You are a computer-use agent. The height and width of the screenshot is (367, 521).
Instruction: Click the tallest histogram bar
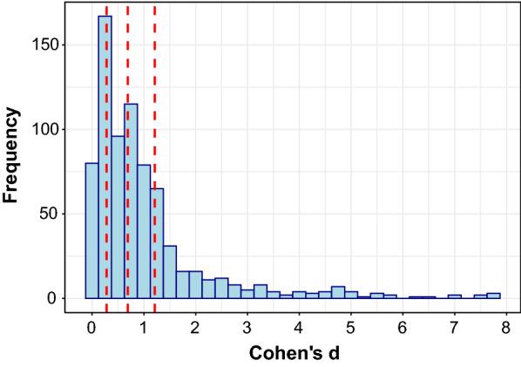pyautogui.click(x=105, y=157)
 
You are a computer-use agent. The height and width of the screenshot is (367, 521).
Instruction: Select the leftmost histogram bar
pyautogui.click(x=91, y=230)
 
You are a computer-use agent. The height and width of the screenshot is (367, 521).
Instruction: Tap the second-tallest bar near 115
pyautogui.click(x=131, y=200)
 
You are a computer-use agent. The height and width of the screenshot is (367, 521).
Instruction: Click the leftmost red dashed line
pyautogui.click(x=107, y=87)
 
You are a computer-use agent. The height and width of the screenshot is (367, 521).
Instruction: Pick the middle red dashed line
pyautogui.click(x=127, y=52)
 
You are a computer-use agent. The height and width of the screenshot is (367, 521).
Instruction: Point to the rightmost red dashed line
pyautogui.click(x=154, y=52)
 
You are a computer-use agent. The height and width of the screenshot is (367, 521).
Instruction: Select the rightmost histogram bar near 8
pyautogui.click(x=493, y=296)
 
